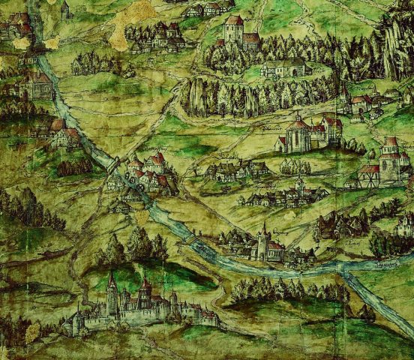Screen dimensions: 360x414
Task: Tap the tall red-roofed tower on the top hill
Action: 234,30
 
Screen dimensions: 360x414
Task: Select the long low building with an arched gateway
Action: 285,69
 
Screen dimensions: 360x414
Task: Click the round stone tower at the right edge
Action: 391,159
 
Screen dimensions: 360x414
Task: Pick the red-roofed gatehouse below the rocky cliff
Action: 361,101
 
